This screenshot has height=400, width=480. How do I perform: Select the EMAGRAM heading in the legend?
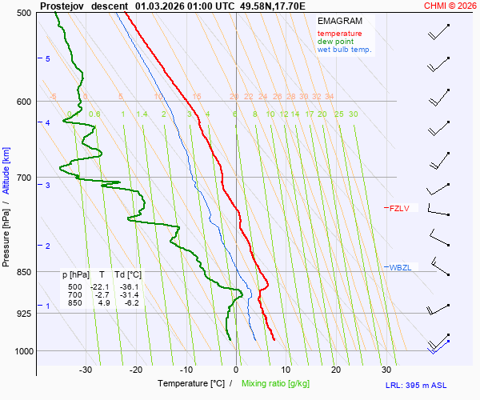[340, 21]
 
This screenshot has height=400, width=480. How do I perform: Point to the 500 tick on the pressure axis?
[23, 13]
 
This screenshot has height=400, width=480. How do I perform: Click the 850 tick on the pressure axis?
[23, 272]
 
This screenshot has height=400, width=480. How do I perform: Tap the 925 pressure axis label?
[23, 313]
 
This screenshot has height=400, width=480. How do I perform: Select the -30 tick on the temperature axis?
[86, 370]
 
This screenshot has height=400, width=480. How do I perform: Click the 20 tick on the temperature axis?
[336, 370]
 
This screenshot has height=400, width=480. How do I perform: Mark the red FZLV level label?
[399, 209]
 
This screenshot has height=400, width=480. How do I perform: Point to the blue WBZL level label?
[400, 267]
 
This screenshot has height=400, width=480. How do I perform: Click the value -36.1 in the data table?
[128, 287]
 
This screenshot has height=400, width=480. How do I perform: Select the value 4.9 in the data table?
[104, 303]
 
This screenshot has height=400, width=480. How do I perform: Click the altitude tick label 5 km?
[48, 59]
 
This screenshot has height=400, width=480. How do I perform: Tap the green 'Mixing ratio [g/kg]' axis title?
[275, 384]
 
